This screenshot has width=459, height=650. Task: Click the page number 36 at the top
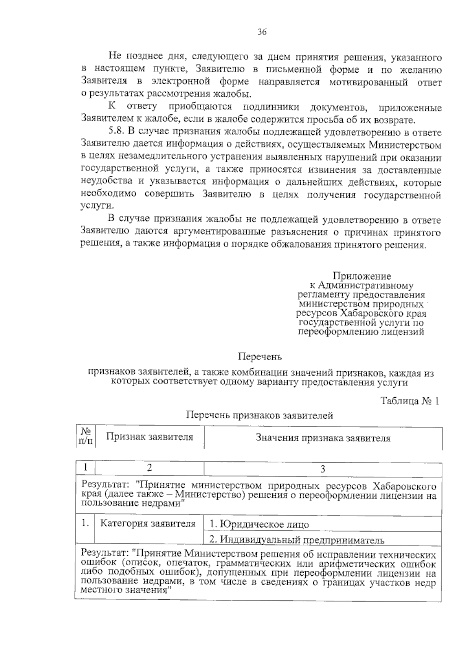(262, 32)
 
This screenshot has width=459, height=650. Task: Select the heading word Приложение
(361, 276)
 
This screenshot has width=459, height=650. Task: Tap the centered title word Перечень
(260, 357)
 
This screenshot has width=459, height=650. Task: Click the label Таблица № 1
(409, 401)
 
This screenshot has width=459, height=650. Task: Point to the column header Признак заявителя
(150, 437)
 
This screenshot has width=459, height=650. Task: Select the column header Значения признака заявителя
(323, 438)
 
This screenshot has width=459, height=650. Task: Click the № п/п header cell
(86, 436)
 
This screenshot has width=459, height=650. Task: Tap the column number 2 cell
(150, 467)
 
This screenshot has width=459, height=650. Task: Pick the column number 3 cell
(322, 469)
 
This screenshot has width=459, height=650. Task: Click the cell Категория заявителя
(148, 523)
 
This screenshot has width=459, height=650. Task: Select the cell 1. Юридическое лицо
(259, 524)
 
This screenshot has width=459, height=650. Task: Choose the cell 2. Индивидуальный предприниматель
(296, 540)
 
